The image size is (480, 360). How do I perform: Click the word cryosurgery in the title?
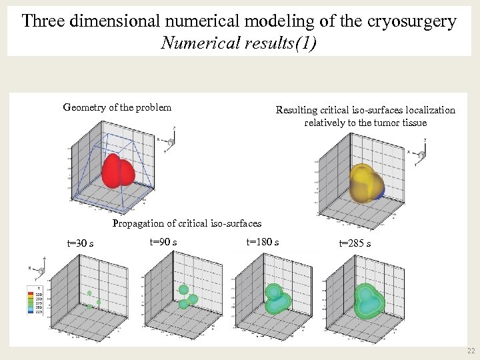click(411, 21)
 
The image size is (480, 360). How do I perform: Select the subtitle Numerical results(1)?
click(239, 43)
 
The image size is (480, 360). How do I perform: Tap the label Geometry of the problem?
click(117, 107)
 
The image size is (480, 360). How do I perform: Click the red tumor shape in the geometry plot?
click(118, 171)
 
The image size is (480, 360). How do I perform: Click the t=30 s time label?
click(80, 243)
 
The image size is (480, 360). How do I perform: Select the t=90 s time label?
click(163, 241)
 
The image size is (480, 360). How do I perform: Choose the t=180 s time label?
click(263, 241)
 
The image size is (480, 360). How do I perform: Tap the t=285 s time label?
click(355, 243)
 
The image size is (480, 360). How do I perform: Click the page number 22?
click(471, 351)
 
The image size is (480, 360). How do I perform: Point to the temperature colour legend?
click(30, 300)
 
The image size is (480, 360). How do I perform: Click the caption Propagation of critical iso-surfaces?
click(187, 223)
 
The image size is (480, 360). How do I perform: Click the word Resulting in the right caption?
click(297, 110)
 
